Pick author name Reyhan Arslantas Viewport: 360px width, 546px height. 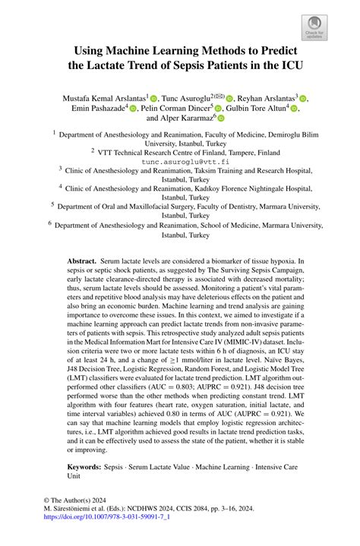(x=267, y=97)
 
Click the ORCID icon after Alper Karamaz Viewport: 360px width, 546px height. (x=222, y=119)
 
